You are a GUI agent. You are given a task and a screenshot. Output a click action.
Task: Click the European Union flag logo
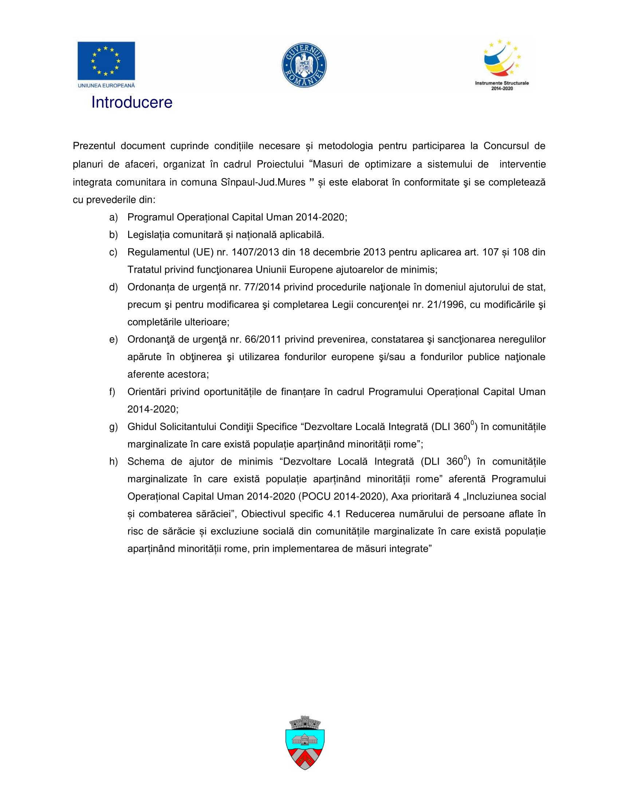coord(106,60)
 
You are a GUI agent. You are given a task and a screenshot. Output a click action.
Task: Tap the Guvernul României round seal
coord(304,65)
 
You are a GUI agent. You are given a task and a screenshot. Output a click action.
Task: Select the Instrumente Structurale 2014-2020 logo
coord(502,64)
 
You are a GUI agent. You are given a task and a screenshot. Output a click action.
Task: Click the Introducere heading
coord(132,102)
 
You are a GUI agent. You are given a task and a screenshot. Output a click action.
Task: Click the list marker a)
coord(113,217)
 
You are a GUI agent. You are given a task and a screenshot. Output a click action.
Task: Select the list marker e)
coord(113,339)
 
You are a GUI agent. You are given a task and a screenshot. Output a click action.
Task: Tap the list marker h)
coord(113,461)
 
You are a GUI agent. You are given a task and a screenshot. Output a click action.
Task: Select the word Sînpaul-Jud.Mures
coord(263,182)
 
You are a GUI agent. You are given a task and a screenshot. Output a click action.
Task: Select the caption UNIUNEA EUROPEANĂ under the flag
coord(106,86)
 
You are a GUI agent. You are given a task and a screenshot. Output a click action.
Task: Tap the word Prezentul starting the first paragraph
coord(94,146)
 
